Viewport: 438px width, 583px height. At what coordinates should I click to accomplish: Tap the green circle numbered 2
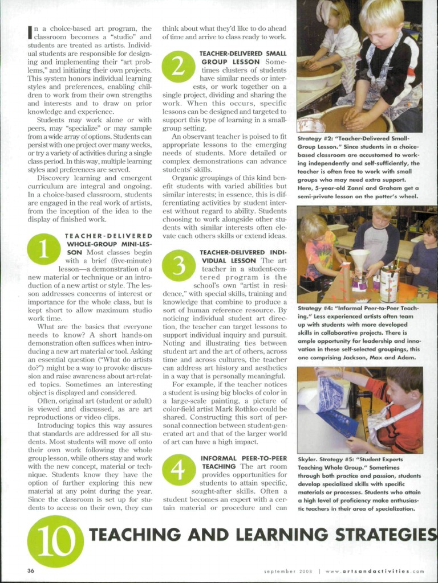pos(178,66)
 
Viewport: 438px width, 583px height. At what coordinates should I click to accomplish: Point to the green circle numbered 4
pos(178,470)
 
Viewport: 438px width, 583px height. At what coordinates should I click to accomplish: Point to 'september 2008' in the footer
pos(288,571)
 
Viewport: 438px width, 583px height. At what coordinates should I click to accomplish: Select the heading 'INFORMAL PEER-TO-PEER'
pos(244,458)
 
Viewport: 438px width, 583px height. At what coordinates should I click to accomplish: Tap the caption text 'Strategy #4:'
pos(318,308)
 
